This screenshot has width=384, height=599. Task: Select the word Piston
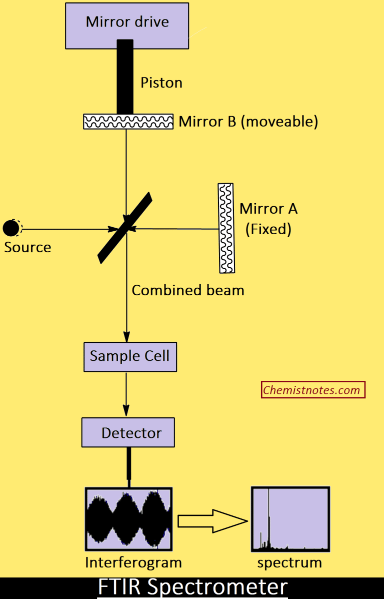coord(161,83)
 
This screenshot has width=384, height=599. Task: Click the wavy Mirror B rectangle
coord(128,122)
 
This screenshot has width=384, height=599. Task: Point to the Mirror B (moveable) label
coord(248,122)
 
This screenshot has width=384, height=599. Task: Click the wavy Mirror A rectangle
coord(226,228)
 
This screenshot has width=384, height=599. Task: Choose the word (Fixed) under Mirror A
coord(268,229)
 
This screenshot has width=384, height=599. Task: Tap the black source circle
coord(10,228)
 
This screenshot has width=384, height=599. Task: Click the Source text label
coord(27,247)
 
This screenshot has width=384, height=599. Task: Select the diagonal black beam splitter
coord(125,228)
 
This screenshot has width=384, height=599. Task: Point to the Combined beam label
coord(188,290)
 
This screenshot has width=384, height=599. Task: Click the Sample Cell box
coord(129,356)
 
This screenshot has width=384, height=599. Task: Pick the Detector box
coord(128,433)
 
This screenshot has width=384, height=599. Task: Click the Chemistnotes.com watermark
coord(313,390)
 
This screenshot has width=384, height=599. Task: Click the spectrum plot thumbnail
coord(290,519)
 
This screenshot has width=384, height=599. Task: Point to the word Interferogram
coord(133,562)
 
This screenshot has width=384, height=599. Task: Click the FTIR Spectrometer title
coord(192,587)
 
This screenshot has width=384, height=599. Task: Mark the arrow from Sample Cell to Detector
coord(126,395)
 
